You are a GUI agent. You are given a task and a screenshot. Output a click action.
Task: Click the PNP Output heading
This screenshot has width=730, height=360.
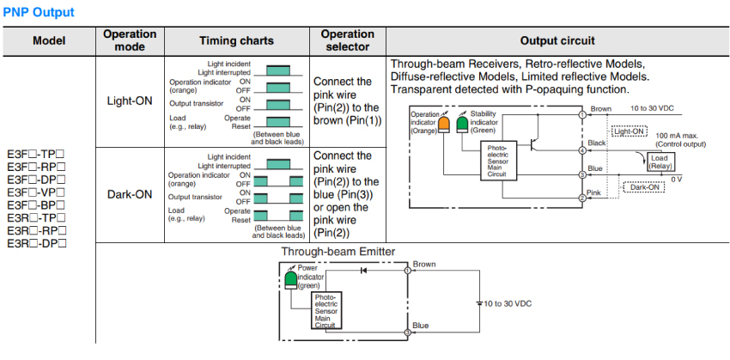pyautogui.click(x=39, y=12)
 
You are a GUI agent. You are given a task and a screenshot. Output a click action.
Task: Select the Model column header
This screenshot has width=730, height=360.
pyautogui.click(x=47, y=40)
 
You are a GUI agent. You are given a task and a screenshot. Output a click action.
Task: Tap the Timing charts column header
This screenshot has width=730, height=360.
pyautogui.click(x=236, y=40)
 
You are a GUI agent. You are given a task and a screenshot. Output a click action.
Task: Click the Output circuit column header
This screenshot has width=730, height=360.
pyautogui.click(x=557, y=40)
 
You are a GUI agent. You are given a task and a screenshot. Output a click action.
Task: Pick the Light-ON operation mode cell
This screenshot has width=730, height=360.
pyautogui.click(x=130, y=101)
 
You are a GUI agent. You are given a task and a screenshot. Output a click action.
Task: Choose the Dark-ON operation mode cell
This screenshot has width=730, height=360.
pyautogui.click(x=130, y=194)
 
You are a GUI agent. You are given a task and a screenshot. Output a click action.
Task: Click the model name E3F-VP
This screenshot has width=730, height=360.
pyautogui.click(x=36, y=193)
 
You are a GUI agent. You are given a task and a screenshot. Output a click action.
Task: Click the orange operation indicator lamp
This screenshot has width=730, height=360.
pyautogui.click(x=444, y=125)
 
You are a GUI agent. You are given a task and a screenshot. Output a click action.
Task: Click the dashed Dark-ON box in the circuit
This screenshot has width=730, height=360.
pyautogui.click(x=645, y=186)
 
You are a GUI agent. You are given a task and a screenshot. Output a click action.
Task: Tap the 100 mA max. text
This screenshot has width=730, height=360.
pyautogui.click(x=679, y=136)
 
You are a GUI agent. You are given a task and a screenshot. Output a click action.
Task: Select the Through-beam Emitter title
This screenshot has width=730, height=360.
pyautogui.click(x=338, y=252)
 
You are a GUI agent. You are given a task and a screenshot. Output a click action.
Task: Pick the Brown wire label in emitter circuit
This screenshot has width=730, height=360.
pyautogui.click(x=424, y=264)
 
